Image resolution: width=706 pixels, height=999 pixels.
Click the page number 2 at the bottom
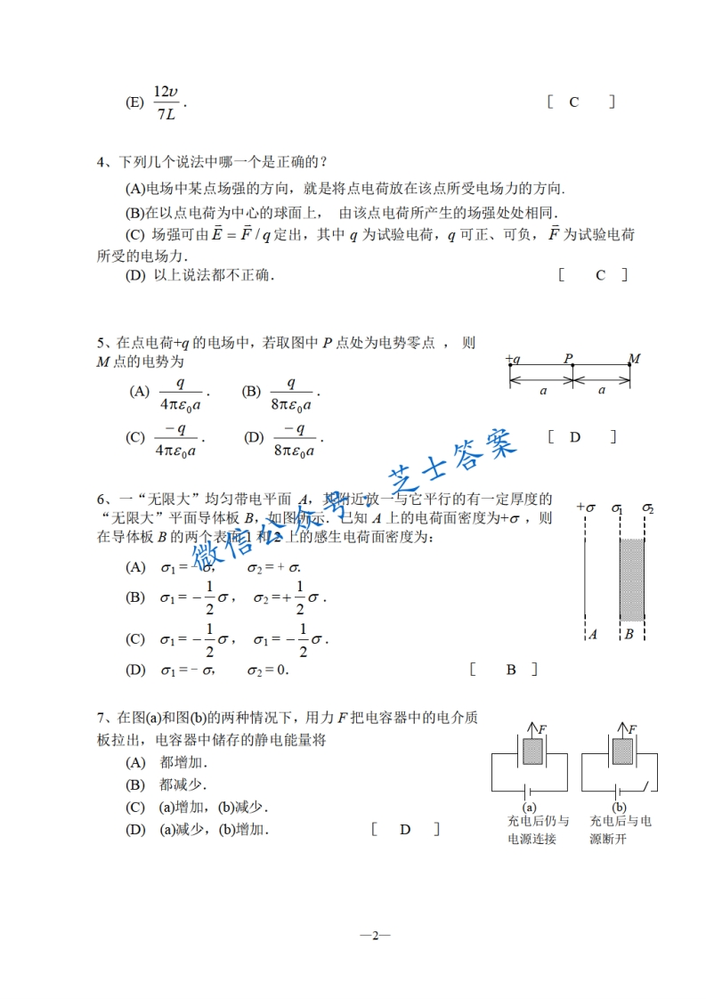coord(375,935)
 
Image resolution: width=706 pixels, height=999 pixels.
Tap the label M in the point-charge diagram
coord(634,359)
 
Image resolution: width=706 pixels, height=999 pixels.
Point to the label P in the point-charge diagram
coord(567,359)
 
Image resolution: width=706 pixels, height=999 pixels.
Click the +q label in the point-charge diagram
coord(512,360)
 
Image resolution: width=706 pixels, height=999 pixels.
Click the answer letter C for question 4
coord(600,275)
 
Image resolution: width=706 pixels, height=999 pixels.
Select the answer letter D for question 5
coord(575,436)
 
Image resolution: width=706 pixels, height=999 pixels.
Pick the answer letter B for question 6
coord(511,670)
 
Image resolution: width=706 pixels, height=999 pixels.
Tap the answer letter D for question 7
coord(405,830)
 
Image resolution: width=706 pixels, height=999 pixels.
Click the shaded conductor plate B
coord(631,579)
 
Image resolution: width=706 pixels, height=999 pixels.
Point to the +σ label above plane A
coord(585,508)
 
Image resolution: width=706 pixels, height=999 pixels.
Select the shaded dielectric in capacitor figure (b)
coord(621,751)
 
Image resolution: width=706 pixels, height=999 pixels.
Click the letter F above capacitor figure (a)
coord(543,729)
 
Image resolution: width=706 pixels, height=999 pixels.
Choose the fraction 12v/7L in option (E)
coord(166,102)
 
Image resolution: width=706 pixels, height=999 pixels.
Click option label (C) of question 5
coord(135,437)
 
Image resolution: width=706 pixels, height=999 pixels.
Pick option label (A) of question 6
coord(135,567)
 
